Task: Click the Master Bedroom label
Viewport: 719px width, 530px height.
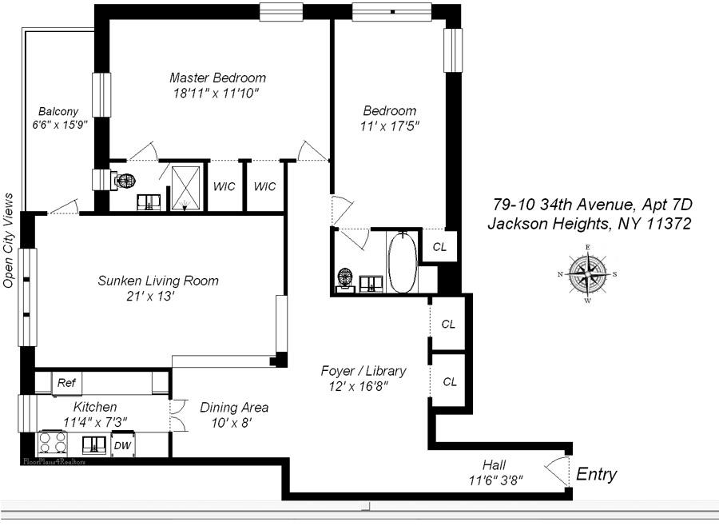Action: [217, 78]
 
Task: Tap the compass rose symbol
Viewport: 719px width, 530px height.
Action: [587, 273]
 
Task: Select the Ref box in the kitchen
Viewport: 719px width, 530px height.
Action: [66, 383]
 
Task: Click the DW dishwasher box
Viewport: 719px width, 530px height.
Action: [121, 445]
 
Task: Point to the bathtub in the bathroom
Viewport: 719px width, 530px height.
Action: [401, 263]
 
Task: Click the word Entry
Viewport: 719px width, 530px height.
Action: [596, 475]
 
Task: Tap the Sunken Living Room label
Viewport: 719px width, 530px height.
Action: [158, 281]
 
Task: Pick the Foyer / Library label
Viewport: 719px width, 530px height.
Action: [363, 371]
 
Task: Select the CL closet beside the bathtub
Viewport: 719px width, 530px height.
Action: [439, 246]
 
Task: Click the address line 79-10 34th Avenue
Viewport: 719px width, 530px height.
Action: [590, 205]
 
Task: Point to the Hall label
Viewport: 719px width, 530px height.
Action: [494, 465]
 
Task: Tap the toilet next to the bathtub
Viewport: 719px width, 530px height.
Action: [345, 278]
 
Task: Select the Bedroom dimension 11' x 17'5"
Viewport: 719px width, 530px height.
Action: [390, 126]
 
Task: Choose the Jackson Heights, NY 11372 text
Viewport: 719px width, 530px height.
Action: [589, 224]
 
